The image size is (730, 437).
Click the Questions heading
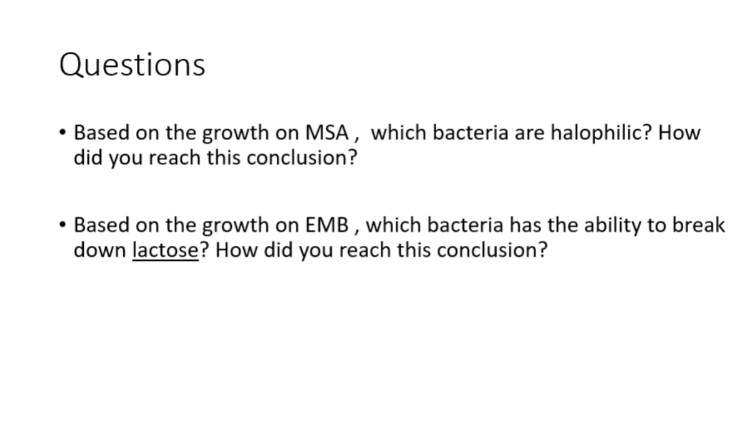[132, 65]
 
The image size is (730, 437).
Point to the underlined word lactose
[165, 250]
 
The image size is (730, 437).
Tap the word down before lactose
[100, 250]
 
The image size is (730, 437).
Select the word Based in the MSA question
[100, 133]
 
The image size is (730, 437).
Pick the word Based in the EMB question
[100, 225]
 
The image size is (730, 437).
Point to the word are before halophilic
[529, 134]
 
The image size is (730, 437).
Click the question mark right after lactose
[203, 250]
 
